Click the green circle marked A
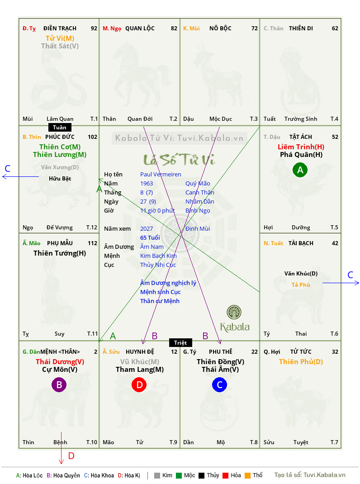[300, 170]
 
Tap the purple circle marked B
[59, 385]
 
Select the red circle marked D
[139, 385]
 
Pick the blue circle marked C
[219, 385]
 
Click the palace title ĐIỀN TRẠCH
[63, 28]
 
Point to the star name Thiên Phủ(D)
[301, 361]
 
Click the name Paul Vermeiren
[161, 174]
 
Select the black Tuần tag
[59, 128]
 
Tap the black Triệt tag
[180, 342]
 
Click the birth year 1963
[147, 183]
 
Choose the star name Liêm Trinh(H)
[301, 147]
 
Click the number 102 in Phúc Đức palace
[92, 137]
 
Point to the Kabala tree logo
[234, 313]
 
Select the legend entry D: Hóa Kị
[129, 475]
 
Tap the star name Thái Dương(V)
[60, 361]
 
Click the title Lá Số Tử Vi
[179, 160]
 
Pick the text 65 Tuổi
[150, 237]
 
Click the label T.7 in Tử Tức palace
[334, 442]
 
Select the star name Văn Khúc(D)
[301, 273]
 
